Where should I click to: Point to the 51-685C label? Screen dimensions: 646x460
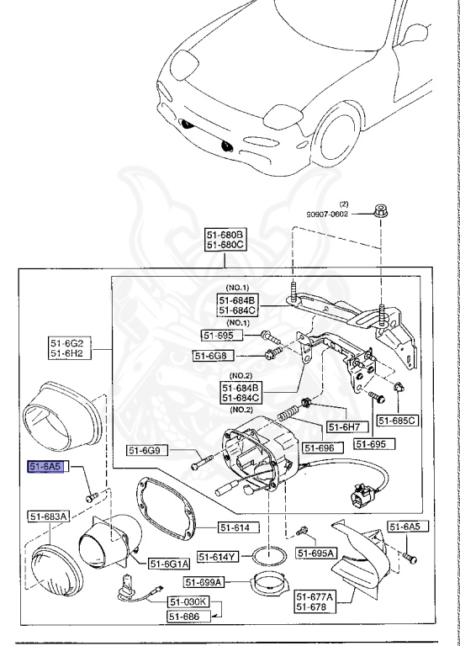[x=397, y=420]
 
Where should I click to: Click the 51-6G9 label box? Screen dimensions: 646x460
[x=149, y=451]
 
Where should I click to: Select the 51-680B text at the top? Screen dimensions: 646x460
[x=225, y=234]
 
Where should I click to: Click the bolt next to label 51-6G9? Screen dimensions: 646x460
[x=198, y=460]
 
